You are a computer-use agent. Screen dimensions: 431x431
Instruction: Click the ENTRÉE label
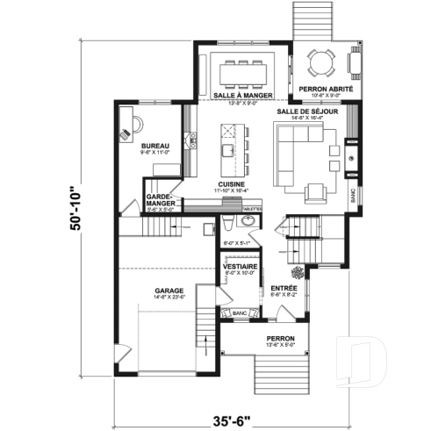[x=283, y=288]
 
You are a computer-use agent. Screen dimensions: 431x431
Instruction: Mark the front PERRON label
[x=281, y=338]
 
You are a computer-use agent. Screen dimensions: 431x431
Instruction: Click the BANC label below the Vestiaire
[x=238, y=312]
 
